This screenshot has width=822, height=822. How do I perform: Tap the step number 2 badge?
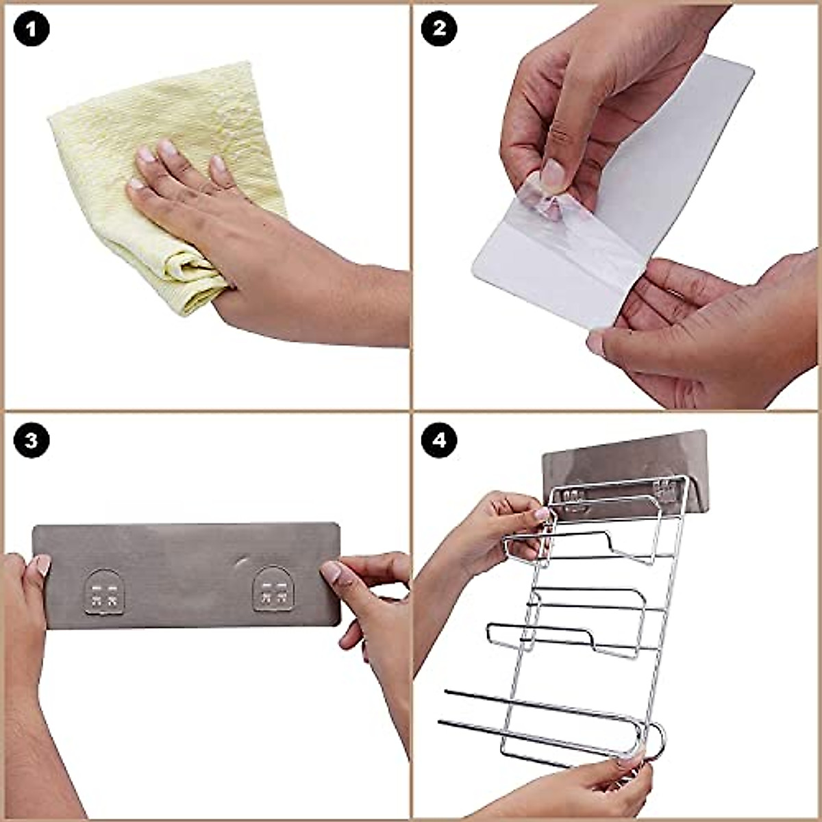439,29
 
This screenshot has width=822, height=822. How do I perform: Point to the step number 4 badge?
439,440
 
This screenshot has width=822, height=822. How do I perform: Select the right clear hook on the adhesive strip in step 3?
273,589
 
